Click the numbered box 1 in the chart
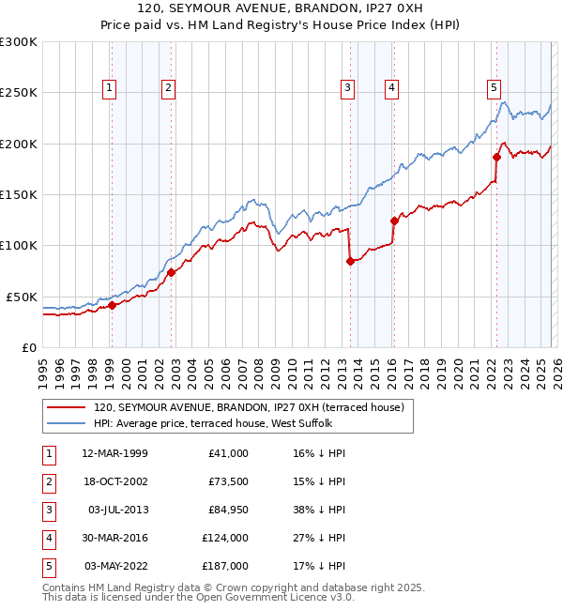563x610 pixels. [110, 89]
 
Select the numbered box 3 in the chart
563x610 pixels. [347, 89]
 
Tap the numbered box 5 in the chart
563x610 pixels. [494, 89]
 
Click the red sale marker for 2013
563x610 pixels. [350, 261]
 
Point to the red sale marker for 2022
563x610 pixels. [496, 157]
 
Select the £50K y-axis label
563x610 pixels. [22, 297]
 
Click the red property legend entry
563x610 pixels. [248, 407]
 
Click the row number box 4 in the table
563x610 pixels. [49, 538]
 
